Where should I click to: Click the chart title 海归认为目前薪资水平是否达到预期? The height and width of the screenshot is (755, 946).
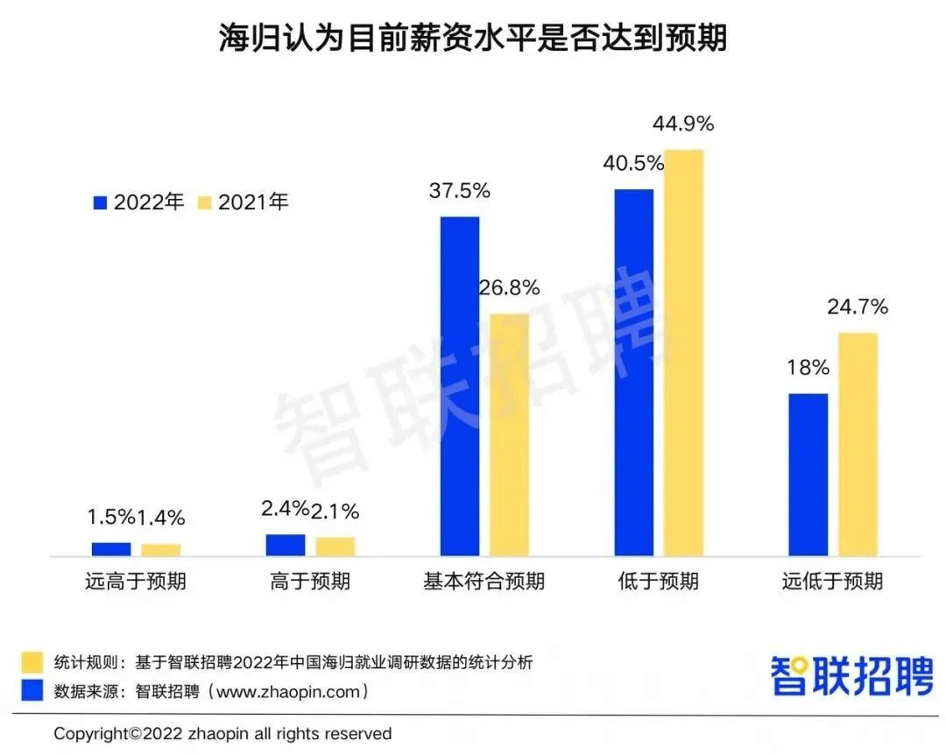[472, 38]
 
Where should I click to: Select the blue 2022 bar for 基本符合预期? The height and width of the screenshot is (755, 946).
[460, 386]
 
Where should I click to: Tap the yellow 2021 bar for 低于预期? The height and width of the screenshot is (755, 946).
[683, 352]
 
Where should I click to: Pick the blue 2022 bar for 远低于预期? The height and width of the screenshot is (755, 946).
[808, 475]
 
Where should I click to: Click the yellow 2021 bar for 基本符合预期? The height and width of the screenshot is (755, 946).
[509, 434]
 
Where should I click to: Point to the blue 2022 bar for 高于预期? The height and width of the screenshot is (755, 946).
[286, 545]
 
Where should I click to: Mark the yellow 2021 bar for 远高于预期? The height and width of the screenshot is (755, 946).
[161, 550]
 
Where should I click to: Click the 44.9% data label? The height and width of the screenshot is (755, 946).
[683, 123]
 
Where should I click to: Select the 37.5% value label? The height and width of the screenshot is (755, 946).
[460, 191]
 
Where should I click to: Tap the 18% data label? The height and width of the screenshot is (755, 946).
[808, 368]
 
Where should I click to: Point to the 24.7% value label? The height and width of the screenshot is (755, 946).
[858, 307]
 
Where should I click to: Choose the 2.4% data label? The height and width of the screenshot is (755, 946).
[285, 509]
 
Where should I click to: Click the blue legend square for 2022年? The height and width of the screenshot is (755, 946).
[100, 202]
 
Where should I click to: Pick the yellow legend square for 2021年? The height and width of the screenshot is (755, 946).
[205, 202]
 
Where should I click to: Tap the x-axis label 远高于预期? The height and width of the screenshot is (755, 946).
[136, 582]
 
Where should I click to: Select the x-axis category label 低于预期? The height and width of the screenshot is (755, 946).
[658, 582]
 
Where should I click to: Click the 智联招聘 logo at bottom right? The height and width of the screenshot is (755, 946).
[851, 675]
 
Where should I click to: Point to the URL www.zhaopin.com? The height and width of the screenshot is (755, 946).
[292, 692]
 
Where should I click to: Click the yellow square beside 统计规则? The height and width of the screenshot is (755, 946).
[32, 662]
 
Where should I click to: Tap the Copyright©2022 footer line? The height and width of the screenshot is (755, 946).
[222, 734]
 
